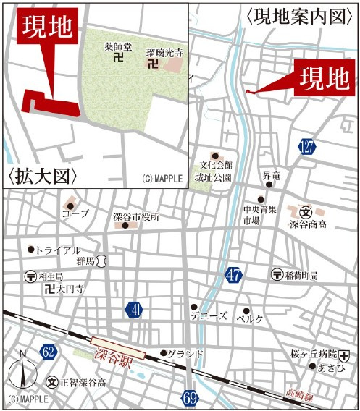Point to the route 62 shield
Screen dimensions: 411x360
coord(49,352)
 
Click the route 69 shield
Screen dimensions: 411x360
coord(190,397)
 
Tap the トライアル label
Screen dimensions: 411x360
coord(58,250)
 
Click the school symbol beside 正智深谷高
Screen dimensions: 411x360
coord(52,381)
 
